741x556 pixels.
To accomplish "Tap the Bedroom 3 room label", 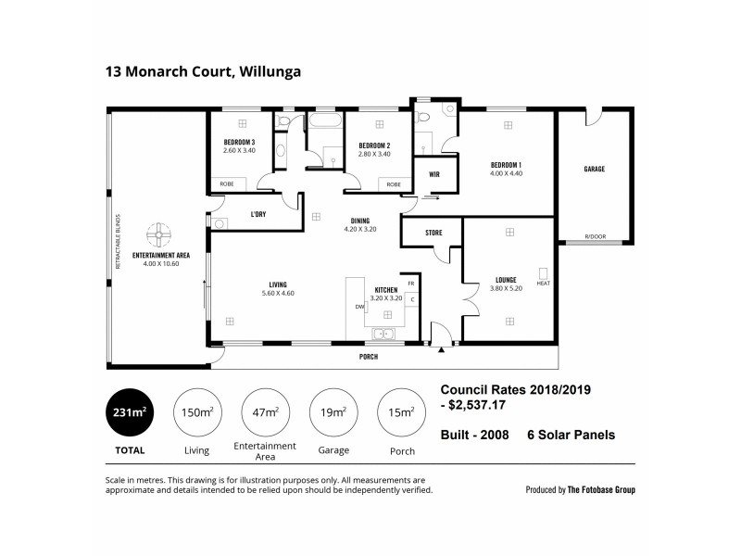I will tap(239, 142).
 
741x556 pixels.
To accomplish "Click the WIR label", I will tap(433, 174).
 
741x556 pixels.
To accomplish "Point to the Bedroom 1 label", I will tap(507, 165).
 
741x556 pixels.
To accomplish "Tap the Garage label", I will tap(594, 169).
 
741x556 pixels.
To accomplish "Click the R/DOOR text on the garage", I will tap(594, 237).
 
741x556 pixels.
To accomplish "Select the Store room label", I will tap(433, 233).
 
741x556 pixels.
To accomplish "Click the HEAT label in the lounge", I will tap(543, 283).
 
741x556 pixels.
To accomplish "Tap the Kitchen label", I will tap(386, 290).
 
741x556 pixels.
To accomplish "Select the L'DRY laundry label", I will tap(259, 215).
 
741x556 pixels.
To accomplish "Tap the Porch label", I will tap(368, 357).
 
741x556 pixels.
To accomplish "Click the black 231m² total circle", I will tap(130, 412).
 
